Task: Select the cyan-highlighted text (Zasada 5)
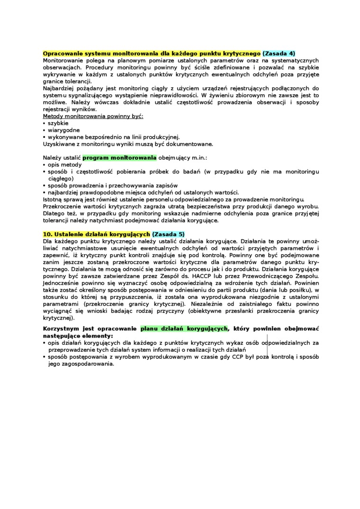pos(169,234)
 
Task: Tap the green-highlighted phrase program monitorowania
pos(119,157)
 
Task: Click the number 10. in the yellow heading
pos(48,234)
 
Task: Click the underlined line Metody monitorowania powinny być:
pos(93,116)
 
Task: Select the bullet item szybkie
pos(58,123)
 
